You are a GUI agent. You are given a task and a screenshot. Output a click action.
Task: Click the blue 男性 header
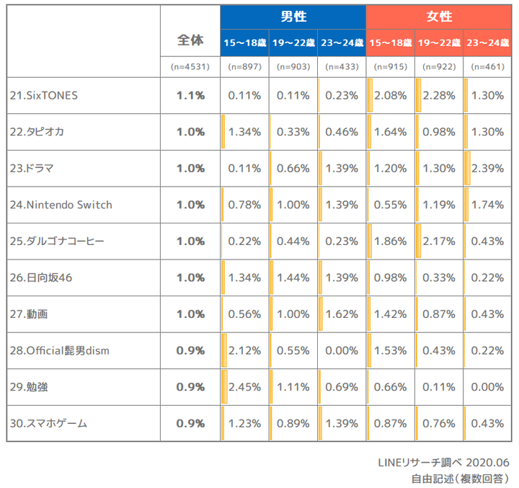click(293, 17)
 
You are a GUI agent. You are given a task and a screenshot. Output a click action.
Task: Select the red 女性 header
click(439, 17)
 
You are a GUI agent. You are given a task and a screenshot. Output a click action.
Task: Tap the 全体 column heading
click(190, 40)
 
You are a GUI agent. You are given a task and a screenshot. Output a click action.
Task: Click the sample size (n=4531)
click(190, 67)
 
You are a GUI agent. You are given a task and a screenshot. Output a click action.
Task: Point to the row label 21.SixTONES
click(44, 96)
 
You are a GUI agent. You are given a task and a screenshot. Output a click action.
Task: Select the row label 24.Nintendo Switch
click(61, 205)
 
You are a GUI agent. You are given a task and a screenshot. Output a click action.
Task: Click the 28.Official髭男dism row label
click(60, 350)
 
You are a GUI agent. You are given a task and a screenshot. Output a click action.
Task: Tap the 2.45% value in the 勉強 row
click(244, 387)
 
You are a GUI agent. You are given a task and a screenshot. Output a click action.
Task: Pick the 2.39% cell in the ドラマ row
click(487, 169)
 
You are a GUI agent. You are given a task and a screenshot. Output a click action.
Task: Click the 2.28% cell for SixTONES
click(439, 96)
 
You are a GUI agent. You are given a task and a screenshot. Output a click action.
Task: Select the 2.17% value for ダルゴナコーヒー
click(439, 241)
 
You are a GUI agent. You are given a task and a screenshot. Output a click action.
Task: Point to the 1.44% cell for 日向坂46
click(293, 278)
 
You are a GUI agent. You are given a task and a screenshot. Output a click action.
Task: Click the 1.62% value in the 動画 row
click(342, 314)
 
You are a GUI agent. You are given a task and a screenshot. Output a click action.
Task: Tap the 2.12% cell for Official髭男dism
click(244, 350)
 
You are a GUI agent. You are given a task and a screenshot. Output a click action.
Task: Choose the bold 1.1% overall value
click(190, 96)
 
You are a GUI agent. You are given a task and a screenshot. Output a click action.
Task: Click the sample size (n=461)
click(487, 67)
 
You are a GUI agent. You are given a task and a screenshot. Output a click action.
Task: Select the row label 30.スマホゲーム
click(49, 423)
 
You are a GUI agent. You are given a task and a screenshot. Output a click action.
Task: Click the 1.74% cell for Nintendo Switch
click(487, 205)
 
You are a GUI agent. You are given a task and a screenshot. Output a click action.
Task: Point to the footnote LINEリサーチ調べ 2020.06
click(443, 463)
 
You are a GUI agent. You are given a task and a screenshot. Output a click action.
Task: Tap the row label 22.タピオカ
click(37, 132)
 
